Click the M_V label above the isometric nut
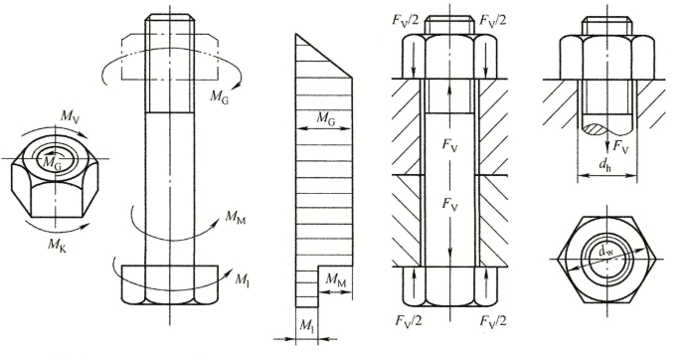[71, 116]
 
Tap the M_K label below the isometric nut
[57, 245]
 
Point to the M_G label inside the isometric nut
[52, 163]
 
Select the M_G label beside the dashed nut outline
[219, 96]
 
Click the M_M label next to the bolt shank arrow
[236, 217]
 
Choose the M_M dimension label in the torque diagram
[336, 280]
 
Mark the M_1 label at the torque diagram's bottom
[306, 325]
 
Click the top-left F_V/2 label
[407, 21]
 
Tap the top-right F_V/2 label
[493, 21]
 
